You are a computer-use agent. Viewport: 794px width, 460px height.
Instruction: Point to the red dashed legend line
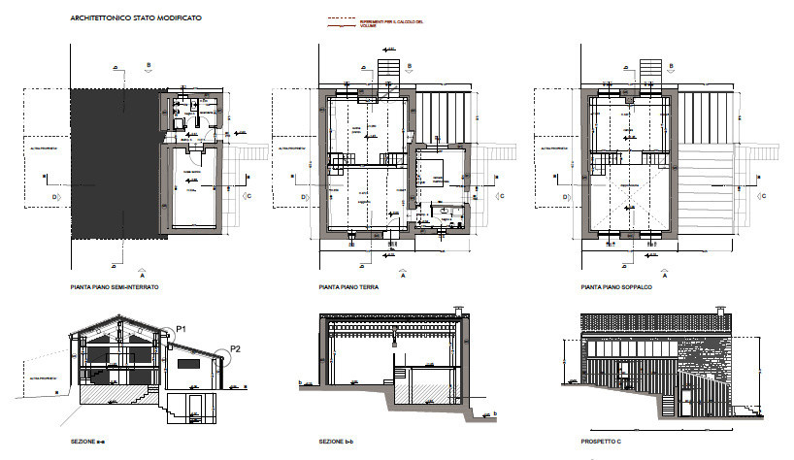(341, 18)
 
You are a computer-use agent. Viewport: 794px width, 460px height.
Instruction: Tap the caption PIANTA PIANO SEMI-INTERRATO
(115, 288)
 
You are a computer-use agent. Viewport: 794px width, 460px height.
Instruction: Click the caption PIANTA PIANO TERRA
(348, 288)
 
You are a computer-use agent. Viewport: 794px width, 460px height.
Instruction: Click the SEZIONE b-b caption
(334, 442)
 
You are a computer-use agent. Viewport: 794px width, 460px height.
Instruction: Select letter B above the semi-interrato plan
(149, 65)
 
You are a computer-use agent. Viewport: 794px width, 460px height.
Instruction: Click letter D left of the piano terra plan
(304, 198)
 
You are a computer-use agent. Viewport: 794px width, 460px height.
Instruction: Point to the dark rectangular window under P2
(189, 362)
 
